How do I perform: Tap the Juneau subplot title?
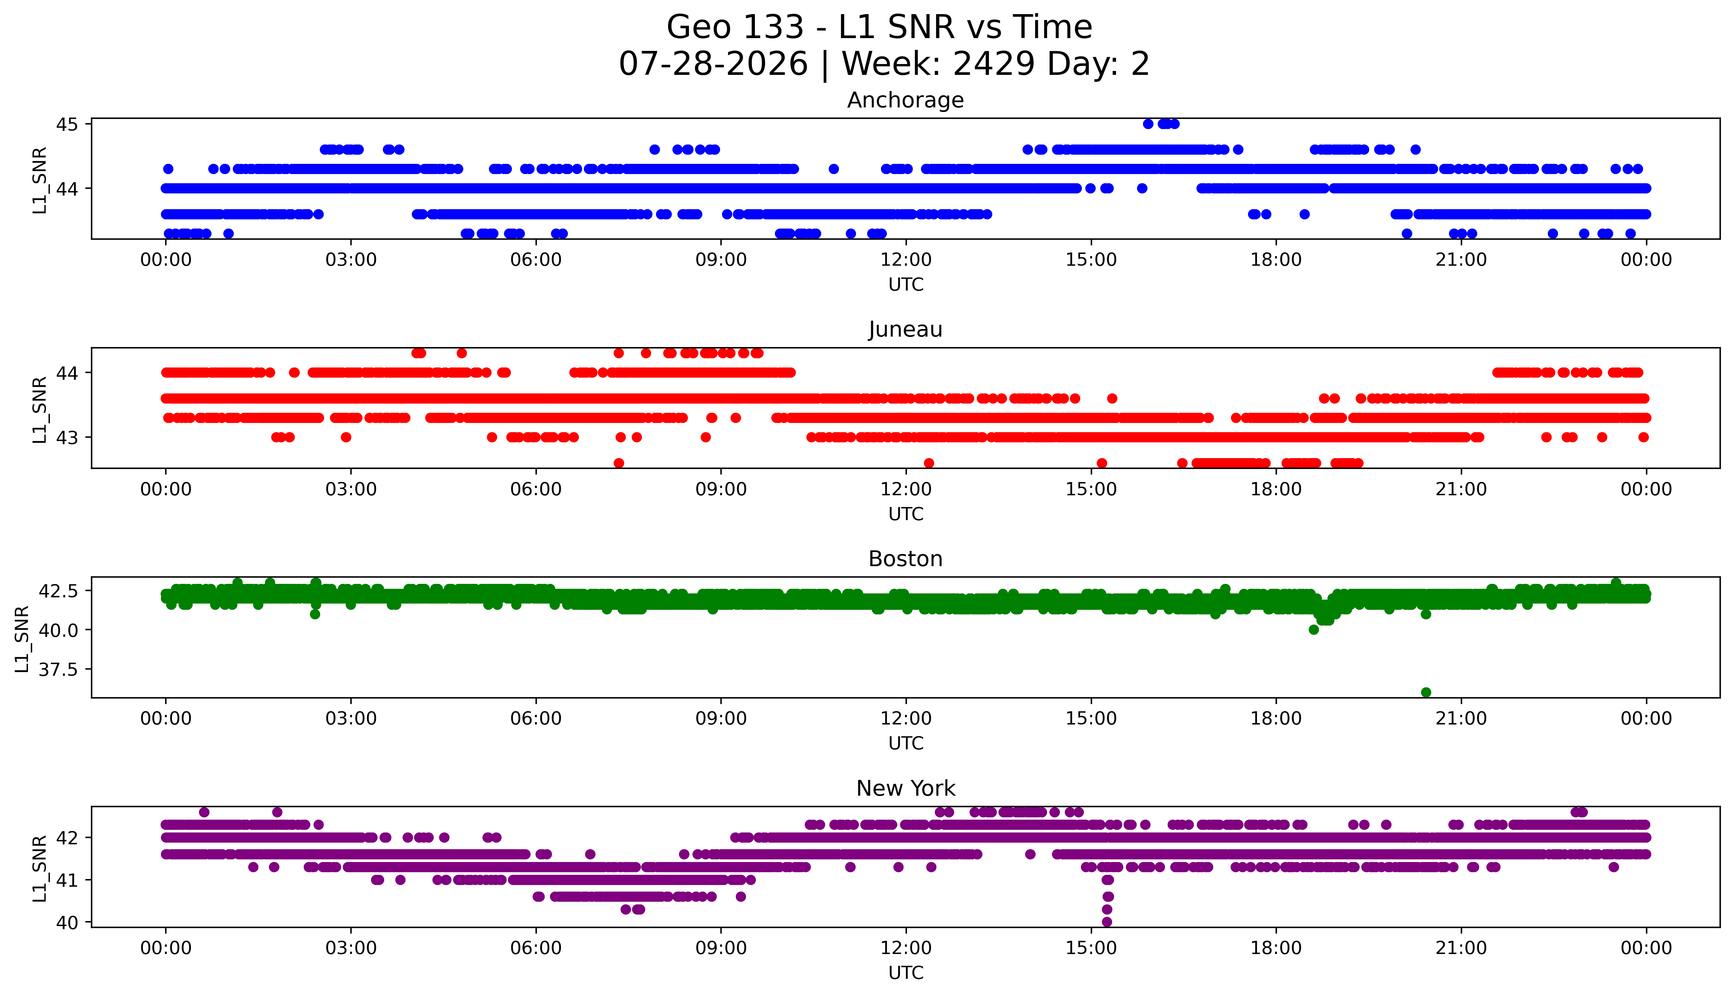[x=906, y=330]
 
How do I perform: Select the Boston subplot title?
[x=906, y=559]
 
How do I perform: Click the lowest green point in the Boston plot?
[x=1426, y=692]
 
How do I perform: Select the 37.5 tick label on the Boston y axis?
[x=59, y=669]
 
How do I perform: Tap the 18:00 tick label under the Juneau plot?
[x=1276, y=489]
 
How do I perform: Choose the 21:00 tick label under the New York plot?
[x=1461, y=948]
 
